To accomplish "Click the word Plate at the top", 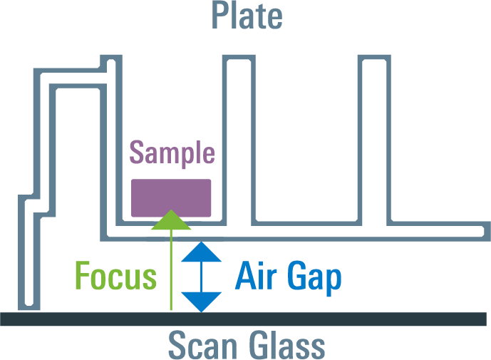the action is click(x=247, y=16).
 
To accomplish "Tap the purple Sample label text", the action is click(x=172, y=153).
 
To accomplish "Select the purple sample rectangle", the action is click(x=171, y=198).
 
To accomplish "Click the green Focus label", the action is click(x=116, y=276).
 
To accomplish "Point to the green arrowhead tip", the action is click(x=171, y=210).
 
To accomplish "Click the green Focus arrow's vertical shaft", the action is click(x=171, y=269).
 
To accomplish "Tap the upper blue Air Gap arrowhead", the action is click(x=202, y=252).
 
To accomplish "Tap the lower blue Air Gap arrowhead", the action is click(x=202, y=302).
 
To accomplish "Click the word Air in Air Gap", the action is click(x=256, y=275).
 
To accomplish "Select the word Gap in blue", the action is click(x=314, y=278).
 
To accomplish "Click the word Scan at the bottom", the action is click(x=202, y=345).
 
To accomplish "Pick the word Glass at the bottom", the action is click(x=287, y=344).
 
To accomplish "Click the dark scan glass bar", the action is click(x=243, y=319).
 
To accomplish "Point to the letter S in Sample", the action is click(x=137, y=153).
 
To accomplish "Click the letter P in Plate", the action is click(x=220, y=15).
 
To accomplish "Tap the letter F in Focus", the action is click(x=83, y=276).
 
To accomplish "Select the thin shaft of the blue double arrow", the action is click(x=202, y=277).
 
